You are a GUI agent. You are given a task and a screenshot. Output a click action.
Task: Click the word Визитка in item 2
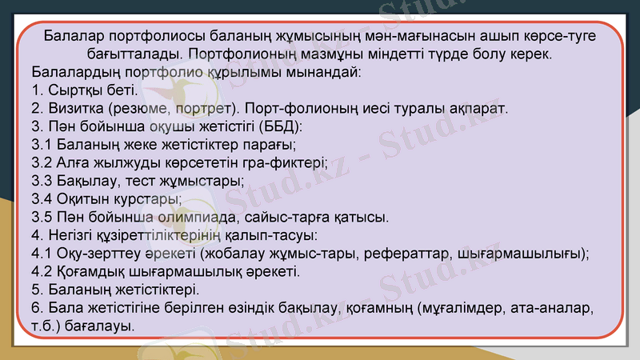click(74, 108)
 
